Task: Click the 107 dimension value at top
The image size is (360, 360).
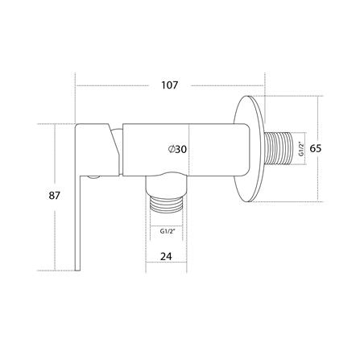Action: click(170, 85)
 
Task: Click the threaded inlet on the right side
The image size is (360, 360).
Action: click(284, 149)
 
